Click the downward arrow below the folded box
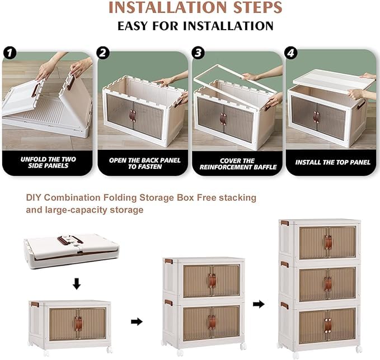[77, 285]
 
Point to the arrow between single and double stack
[136, 322]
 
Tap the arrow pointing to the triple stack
[258, 304]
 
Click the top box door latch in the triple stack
[328, 242]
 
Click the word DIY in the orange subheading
[35, 198]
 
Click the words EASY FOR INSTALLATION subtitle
[195, 26]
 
